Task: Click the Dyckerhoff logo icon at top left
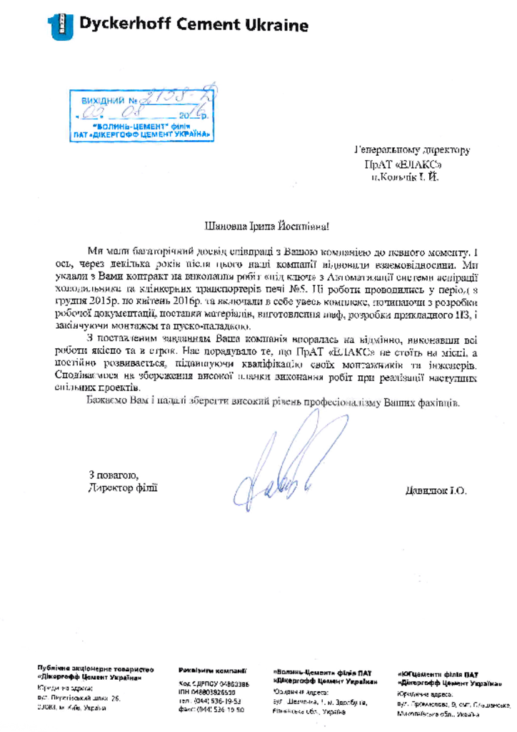[60, 26]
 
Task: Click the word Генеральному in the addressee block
[383, 152]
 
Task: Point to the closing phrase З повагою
[114, 475]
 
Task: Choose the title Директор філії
[120, 488]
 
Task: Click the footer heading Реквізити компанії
[212, 671]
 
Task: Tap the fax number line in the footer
[212, 711]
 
